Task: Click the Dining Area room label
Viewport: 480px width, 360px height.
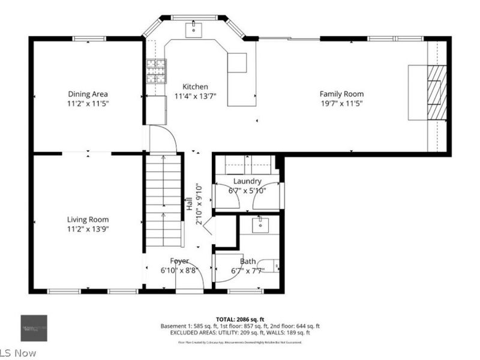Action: click(88, 94)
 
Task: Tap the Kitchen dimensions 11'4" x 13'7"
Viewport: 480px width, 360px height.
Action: click(195, 96)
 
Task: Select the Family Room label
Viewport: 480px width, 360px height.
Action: click(341, 94)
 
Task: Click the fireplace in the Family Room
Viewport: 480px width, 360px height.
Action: click(436, 93)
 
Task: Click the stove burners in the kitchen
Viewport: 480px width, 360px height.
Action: click(157, 71)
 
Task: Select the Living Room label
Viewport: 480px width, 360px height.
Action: click(88, 220)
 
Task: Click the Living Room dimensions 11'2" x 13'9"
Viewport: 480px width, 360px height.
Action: click(88, 229)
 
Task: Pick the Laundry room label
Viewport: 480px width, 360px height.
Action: click(247, 181)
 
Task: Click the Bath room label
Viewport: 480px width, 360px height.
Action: click(247, 262)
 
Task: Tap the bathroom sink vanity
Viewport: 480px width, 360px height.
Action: click(260, 225)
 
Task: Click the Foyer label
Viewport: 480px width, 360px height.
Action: click(179, 261)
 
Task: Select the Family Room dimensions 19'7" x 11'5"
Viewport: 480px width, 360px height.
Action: click(341, 103)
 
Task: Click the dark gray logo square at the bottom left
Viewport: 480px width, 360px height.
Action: click(34, 328)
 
